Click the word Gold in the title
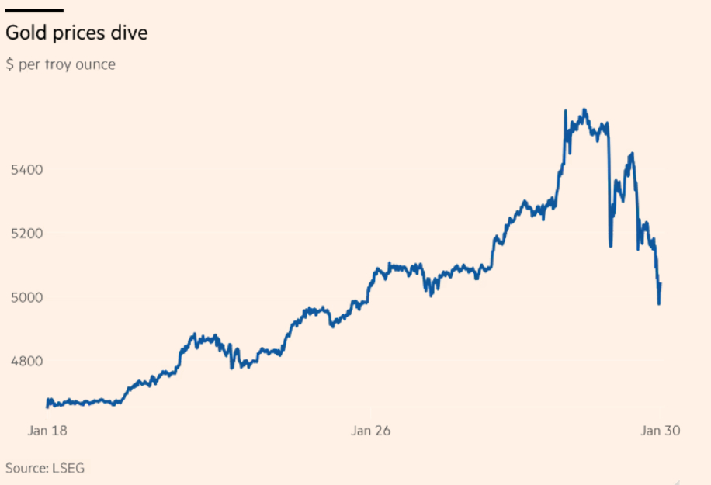(x=23, y=33)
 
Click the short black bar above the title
(x=34, y=10)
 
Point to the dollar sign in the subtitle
(x=9, y=64)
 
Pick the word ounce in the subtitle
(x=96, y=64)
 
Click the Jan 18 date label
(x=47, y=431)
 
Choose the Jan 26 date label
(x=370, y=431)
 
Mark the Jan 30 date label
(x=660, y=431)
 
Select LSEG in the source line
(x=69, y=468)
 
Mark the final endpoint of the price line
(x=661, y=284)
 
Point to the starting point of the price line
(x=47, y=405)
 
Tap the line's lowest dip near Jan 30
(x=659, y=303)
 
